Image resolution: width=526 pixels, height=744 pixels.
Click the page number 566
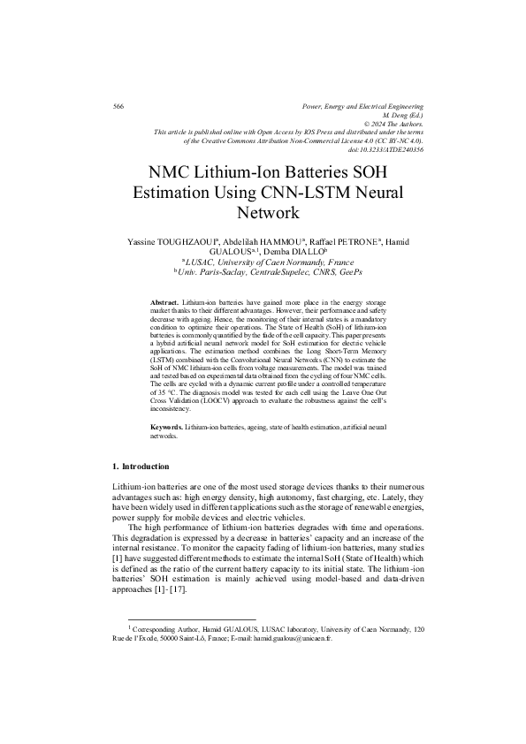(118, 106)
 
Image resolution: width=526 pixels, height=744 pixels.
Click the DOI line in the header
(386, 150)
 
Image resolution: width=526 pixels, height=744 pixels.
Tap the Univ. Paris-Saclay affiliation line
(263, 272)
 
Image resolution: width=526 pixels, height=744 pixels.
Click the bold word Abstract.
(165, 302)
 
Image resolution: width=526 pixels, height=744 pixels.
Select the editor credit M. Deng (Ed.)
(402, 115)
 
